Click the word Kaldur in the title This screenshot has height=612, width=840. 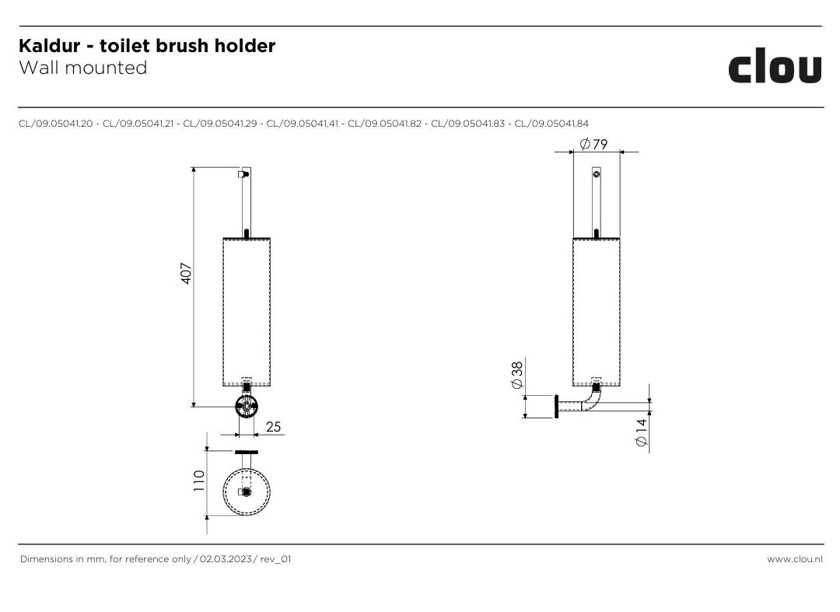[49, 46]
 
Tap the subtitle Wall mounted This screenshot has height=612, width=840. [83, 68]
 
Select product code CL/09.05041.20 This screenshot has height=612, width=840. [56, 124]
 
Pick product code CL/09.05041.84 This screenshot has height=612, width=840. [551, 124]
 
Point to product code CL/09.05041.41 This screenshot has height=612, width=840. [303, 124]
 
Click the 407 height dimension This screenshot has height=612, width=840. [186, 273]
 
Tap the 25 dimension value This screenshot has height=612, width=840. [273, 427]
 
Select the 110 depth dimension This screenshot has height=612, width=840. [199, 481]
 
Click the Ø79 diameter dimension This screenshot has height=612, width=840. [593, 144]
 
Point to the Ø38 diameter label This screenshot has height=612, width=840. [517, 376]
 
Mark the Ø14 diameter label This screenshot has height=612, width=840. [641, 432]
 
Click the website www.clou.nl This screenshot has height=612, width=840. [794, 559]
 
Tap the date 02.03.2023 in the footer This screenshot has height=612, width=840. [226, 559]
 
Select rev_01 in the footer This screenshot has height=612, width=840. [275, 559]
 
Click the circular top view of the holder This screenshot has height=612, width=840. [247, 492]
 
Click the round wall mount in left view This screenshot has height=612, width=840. [247, 407]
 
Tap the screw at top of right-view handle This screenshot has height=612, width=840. [597, 174]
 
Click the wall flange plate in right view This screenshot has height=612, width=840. [557, 407]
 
